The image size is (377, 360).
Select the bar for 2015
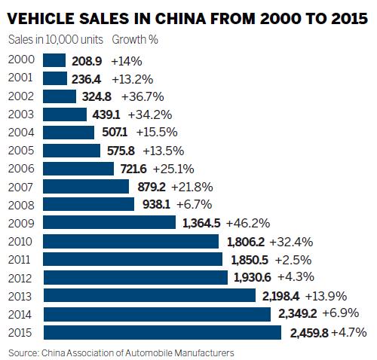161,332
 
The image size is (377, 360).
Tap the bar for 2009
111,223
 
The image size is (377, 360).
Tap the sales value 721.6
133,168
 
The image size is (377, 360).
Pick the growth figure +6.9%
344,314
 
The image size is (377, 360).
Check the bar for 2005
72,150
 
